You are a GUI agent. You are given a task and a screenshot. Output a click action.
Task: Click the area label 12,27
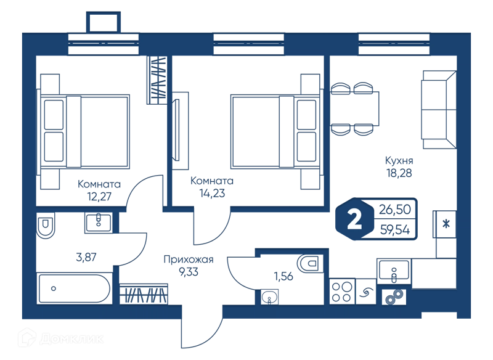[99, 197]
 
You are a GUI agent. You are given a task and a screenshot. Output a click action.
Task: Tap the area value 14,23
[212, 193]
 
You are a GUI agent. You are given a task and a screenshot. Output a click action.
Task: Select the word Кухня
[399, 161]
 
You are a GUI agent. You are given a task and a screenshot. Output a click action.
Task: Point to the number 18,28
[399, 173]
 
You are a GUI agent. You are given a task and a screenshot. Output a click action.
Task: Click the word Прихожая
[189, 260]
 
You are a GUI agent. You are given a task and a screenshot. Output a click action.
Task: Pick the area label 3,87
[86, 257]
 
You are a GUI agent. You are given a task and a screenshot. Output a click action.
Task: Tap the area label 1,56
[283, 276]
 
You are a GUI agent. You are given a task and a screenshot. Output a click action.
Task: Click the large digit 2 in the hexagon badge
[354, 220]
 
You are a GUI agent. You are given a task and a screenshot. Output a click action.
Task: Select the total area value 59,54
[395, 230]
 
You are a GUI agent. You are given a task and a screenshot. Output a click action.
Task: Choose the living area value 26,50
[395, 210]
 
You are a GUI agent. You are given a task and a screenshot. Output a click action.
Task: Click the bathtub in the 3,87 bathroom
[74, 288]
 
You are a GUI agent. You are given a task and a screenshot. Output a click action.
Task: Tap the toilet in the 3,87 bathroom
[46, 225]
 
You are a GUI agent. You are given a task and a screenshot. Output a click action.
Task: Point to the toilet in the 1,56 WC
[311, 263]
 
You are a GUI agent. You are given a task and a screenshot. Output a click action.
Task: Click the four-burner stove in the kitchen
[342, 292]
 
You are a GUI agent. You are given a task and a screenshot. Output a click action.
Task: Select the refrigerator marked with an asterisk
[444, 224]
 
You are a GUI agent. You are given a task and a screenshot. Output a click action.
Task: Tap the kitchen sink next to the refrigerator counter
[394, 271]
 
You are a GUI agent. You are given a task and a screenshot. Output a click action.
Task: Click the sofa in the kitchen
[439, 109]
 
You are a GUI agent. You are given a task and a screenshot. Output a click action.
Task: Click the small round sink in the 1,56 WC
[269, 297]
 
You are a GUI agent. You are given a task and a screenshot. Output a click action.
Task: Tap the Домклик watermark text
[71, 339]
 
